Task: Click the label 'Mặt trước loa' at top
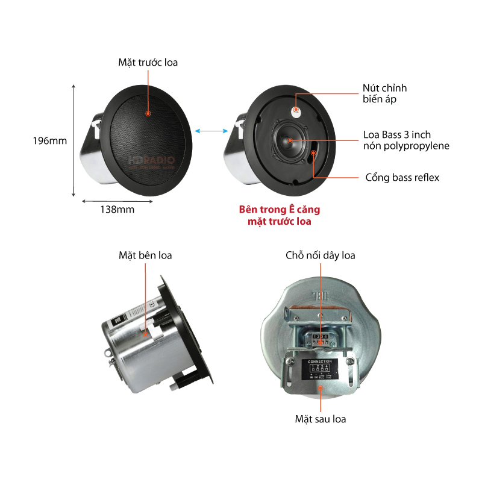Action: [148, 62]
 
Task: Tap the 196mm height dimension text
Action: [49, 141]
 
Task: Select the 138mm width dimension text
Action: [117, 210]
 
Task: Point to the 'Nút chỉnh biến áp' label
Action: [384, 93]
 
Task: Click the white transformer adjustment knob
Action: [297, 111]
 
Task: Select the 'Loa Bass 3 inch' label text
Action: [397, 134]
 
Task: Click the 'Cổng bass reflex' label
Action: [402, 177]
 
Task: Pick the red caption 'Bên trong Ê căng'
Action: [280, 210]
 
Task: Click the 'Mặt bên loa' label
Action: [145, 255]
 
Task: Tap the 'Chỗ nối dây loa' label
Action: [320, 255]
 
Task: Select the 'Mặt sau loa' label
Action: [320, 419]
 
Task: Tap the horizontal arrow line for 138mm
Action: [117, 201]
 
